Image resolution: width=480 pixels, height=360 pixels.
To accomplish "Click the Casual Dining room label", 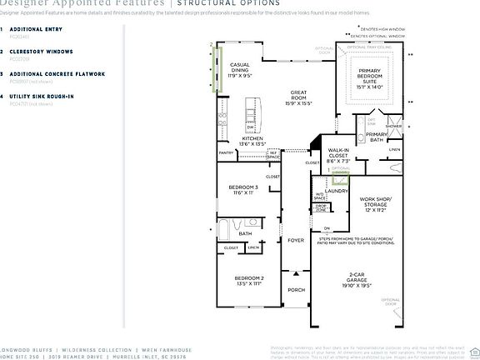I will coord(240,69).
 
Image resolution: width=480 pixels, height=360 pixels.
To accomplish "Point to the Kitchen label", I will coord(253,141).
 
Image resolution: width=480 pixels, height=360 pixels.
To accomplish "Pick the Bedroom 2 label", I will coord(249,281).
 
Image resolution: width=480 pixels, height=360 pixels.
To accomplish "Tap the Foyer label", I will coord(296,241).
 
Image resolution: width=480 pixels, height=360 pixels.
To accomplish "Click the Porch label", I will coord(296,290).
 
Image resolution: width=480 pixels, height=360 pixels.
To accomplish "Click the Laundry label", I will coord(337,191).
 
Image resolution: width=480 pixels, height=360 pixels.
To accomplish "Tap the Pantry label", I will coord(226,153).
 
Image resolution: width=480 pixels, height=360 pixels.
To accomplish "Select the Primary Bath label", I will coord(377,137).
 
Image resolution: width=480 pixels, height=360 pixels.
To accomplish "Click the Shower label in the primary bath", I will coord(392,127).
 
